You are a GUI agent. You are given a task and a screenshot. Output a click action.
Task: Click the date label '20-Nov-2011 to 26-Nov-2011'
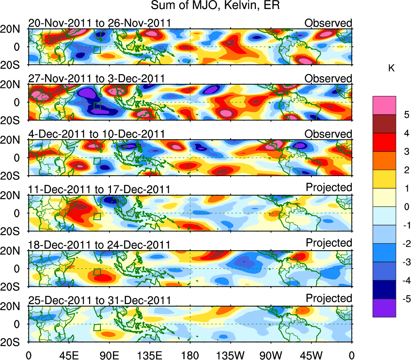99,23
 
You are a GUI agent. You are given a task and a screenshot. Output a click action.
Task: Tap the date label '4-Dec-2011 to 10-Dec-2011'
96,134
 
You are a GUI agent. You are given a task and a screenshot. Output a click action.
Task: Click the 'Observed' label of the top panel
328,23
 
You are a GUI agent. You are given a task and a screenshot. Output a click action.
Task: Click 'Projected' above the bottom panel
328,298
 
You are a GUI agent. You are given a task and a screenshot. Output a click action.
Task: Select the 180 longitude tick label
190,355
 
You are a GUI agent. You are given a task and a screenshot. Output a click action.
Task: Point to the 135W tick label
230,355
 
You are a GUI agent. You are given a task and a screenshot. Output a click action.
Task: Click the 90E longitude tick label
109,355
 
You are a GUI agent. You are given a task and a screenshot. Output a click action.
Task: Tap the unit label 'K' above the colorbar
391,68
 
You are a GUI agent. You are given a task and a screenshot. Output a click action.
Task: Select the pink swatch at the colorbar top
384,105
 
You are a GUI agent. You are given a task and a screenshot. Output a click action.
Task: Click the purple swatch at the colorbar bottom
384,308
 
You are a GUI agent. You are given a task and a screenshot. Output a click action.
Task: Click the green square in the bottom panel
97,327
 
